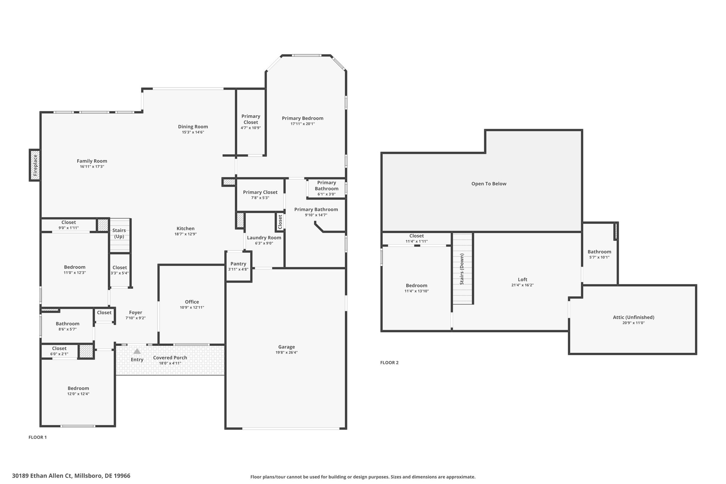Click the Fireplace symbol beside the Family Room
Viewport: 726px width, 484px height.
(x=35, y=165)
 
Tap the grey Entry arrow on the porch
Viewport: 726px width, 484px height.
(x=137, y=351)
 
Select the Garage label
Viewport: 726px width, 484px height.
(x=286, y=347)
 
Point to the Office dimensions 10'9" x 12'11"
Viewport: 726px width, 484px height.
(x=192, y=307)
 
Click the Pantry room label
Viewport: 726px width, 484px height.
(x=238, y=263)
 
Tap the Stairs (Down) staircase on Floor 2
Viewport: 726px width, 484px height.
(x=463, y=268)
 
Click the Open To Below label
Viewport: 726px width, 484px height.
(x=489, y=184)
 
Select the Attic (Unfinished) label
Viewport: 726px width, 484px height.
(x=633, y=317)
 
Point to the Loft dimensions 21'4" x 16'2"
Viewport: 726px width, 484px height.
(x=523, y=285)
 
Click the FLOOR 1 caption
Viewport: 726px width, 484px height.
(x=38, y=437)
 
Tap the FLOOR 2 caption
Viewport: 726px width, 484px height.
(x=389, y=362)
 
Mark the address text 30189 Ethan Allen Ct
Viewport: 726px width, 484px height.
(x=42, y=475)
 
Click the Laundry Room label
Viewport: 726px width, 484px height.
(x=264, y=238)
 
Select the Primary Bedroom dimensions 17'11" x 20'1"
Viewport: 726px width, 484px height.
(x=303, y=124)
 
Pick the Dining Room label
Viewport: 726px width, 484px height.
(x=193, y=127)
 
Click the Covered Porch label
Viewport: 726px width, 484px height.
(x=170, y=357)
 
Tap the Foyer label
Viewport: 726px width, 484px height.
(x=135, y=312)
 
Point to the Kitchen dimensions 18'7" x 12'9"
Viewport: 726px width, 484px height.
(x=185, y=234)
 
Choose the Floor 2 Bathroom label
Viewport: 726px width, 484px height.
(x=599, y=252)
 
